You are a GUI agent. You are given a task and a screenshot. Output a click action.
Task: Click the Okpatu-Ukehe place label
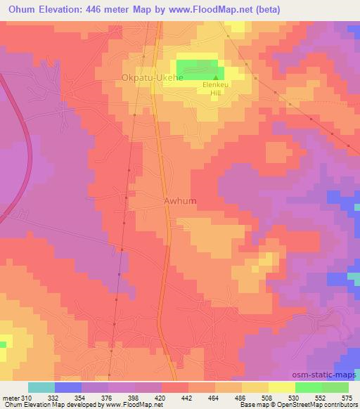[152, 78]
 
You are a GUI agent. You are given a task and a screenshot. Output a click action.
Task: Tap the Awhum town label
[180, 201]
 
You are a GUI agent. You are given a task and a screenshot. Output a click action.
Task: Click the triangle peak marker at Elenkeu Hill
[216, 77]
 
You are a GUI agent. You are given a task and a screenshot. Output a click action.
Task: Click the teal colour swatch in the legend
[41, 387]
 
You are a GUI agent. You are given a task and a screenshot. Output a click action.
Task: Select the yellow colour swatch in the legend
[282, 387]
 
